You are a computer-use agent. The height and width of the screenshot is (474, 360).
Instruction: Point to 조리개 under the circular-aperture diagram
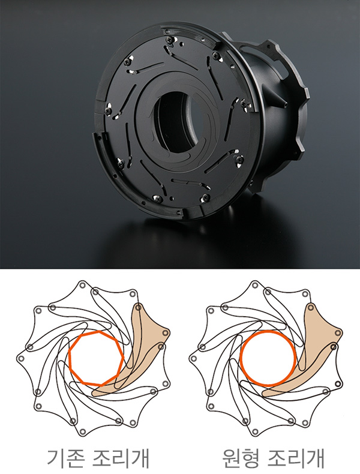click(x=296, y=458)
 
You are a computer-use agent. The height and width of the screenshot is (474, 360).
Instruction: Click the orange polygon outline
click(x=70, y=359)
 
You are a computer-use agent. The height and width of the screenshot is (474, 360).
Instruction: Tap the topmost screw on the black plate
click(x=169, y=39)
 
